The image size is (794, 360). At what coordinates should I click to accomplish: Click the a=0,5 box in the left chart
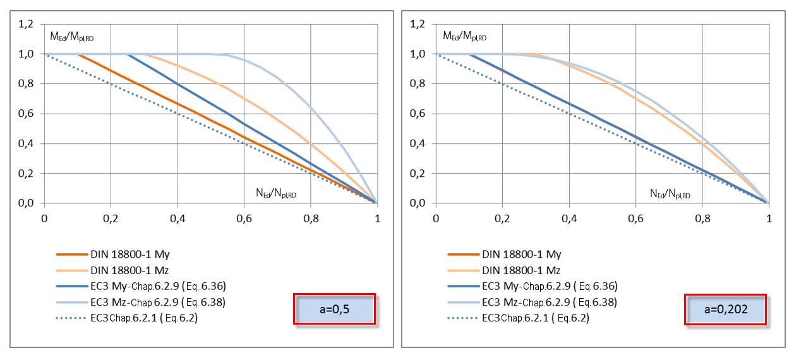click(x=334, y=309)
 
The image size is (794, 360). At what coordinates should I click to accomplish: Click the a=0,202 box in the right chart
click(x=725, y=309)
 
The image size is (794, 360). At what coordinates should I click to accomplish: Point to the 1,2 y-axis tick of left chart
click(x=27, y=24)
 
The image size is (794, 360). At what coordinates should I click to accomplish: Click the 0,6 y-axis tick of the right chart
click(x=418, y=114)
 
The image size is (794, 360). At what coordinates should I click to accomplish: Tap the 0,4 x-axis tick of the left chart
click(x=177, y=218)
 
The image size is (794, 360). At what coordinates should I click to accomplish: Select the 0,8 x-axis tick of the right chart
click(x=702, y=218)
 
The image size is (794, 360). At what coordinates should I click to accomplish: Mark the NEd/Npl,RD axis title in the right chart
click(x=670, y=194)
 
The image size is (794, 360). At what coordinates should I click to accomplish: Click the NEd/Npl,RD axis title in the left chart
click(x=276, y=194)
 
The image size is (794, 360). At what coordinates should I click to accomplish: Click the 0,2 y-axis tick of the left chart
click(x=27, y=173)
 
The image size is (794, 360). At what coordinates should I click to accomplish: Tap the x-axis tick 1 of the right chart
click(x=769, y=218)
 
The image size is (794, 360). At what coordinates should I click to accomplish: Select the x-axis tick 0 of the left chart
click(x=44, y=218)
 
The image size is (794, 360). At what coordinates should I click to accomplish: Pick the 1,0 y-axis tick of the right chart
click(x=418, y=54)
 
